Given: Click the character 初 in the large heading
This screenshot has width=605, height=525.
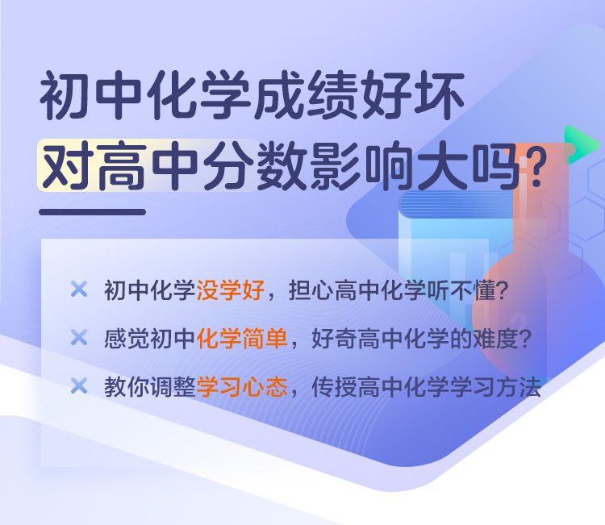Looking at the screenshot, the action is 63,95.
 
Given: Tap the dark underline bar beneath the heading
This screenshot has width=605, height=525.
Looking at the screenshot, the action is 92,212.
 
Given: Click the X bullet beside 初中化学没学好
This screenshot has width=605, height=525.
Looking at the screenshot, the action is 79,289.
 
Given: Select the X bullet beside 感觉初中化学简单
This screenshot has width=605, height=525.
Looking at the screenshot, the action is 79,338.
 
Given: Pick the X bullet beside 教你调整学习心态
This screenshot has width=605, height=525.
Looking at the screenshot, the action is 79,385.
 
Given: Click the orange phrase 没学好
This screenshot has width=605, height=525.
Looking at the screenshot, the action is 231,290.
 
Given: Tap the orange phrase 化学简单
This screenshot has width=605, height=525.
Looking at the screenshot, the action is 242,338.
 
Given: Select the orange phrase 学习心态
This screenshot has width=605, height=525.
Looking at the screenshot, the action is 242,387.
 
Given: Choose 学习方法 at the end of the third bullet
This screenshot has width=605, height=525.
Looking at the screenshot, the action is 495,387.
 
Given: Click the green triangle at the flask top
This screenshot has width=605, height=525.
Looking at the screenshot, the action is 581,144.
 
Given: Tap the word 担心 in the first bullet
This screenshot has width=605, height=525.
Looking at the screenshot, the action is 311,290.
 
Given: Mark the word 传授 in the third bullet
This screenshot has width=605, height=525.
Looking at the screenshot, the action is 334,387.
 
